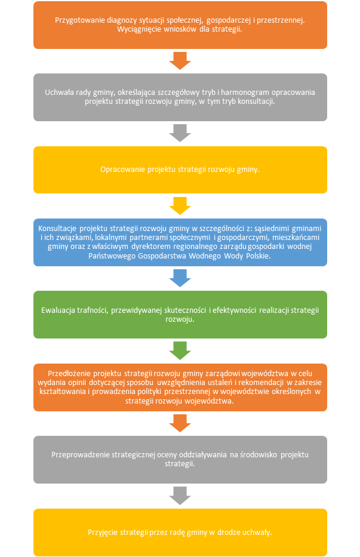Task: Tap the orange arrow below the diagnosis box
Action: pos(180,61)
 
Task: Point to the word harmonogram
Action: pos(245,93)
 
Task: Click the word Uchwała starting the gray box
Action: pos(59,93)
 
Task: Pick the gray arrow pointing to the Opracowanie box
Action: pos(180,133)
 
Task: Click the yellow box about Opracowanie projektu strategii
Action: pos(180,170)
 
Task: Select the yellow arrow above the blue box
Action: pos(180,206)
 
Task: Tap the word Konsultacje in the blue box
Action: pos(57,229)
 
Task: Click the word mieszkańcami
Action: pos(296,237)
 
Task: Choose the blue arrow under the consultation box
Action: pos(180,278)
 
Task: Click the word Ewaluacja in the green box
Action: pos(57,310)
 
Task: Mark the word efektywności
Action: pos(234,310)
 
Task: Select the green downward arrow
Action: pos(180,350)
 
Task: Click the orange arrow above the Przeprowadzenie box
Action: pos(180,423)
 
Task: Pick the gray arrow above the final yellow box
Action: pos(180,496)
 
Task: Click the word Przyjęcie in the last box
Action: pos(102,533)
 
